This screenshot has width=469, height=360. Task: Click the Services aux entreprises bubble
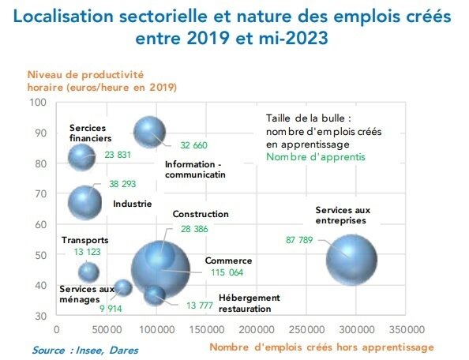point(351,258)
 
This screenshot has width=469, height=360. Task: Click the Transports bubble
point(88,272)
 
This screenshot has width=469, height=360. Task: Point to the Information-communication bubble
point(149,133)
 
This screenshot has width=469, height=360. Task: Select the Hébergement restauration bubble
point(156,294)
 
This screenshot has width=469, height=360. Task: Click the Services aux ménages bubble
point(122,287)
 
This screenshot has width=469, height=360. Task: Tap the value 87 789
point(300,240)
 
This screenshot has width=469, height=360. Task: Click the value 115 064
point(225,273)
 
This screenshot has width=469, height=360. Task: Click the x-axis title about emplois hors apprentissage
point(321,347)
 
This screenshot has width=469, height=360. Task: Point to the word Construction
point(201,214)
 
